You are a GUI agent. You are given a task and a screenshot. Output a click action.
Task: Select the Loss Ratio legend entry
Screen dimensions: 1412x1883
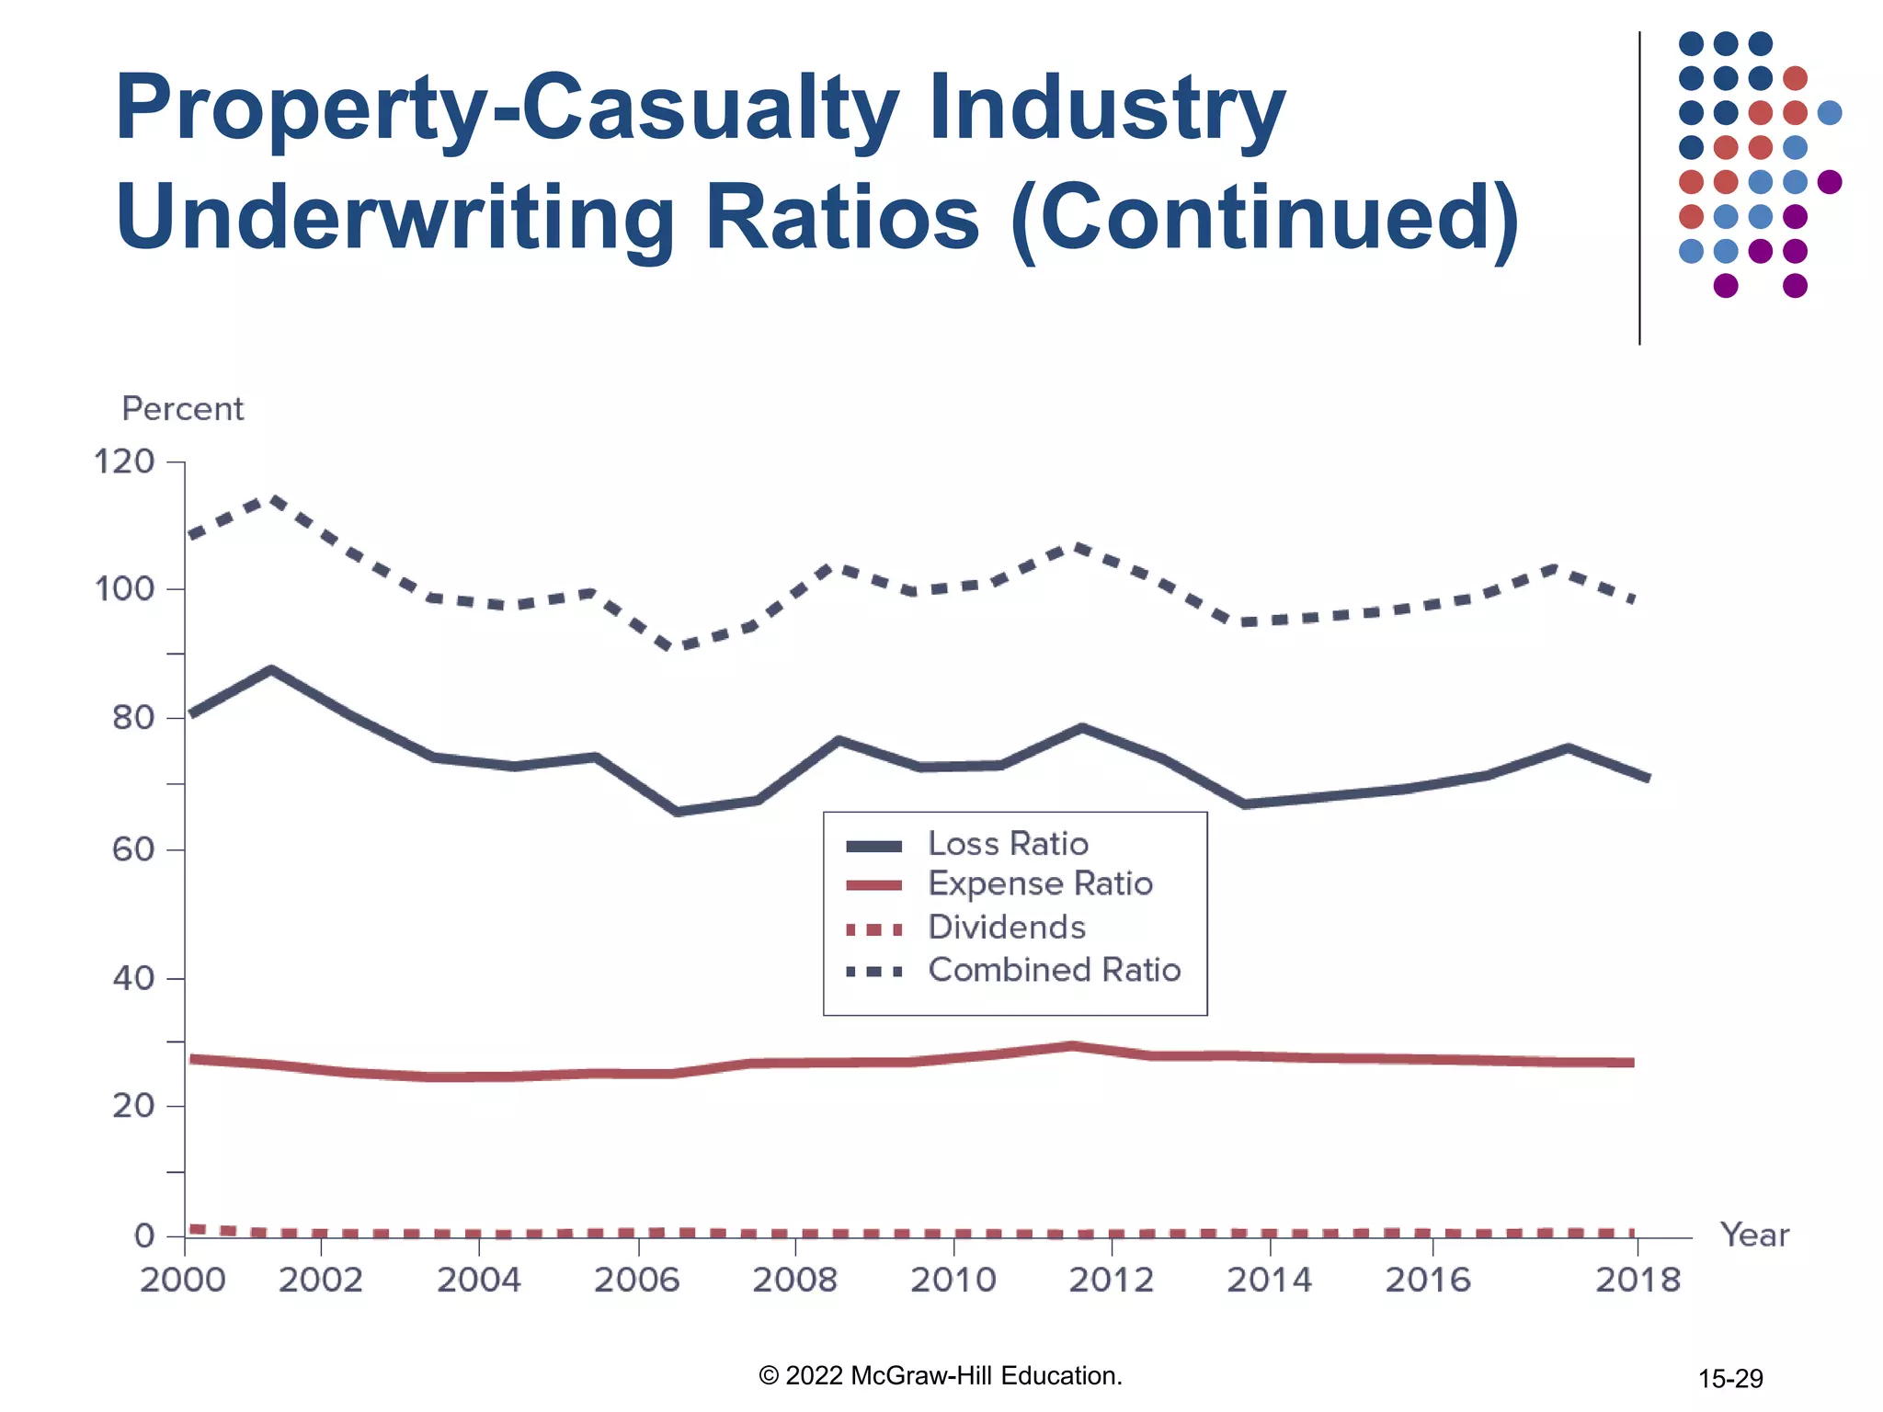point(1008,844)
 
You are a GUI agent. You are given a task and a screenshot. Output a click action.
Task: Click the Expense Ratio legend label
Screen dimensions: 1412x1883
point(1040,884)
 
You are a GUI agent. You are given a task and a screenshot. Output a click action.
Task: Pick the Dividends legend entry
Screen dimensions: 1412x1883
point(1007,928)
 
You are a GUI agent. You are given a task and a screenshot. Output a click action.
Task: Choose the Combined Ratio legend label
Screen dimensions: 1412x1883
point(1054,971)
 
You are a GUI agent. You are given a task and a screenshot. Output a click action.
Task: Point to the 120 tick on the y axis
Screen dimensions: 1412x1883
point(124,461)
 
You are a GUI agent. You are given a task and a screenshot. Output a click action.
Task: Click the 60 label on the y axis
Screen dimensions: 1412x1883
point(133,849)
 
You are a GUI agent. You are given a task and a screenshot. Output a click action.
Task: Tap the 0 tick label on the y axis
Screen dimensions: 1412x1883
point(144,1236)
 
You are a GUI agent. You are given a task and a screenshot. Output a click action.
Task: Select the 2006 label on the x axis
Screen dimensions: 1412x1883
point(636,1280)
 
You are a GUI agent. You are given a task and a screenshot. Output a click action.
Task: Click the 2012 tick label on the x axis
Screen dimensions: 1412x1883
point(1111,1280)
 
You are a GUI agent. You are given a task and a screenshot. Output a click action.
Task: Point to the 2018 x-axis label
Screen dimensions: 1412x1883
point(1637,1280)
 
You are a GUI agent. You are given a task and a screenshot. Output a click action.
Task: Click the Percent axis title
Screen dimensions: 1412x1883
point(182,409)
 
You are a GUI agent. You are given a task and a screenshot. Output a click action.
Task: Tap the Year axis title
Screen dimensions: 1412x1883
point(1754,1235)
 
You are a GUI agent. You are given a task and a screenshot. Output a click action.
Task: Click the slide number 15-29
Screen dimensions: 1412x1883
point(1730,1379)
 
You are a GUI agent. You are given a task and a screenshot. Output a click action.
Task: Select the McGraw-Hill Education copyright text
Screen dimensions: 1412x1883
point(941,1376)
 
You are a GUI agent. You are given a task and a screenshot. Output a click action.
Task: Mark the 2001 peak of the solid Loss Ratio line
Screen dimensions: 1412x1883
point(271,669)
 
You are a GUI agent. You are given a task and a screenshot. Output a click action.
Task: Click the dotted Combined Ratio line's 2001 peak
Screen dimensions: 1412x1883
point(273,500)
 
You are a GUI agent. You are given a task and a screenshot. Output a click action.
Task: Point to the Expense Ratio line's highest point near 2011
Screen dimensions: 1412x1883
point(1072,1046)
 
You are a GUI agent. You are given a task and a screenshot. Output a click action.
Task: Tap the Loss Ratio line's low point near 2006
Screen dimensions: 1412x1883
point(678,812)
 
